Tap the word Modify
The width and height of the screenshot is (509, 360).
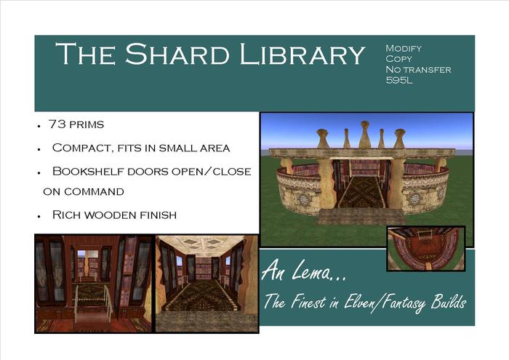point(404,48)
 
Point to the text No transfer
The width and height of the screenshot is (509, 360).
point(418,70)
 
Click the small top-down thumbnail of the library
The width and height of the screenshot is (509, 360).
point(425,248)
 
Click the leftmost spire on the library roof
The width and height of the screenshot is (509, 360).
point(323,137)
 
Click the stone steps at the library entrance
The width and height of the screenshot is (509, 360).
point(361,216)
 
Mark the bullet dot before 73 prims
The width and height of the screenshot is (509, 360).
point(38,126)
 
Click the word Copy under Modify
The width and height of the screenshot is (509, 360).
point(398,59)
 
